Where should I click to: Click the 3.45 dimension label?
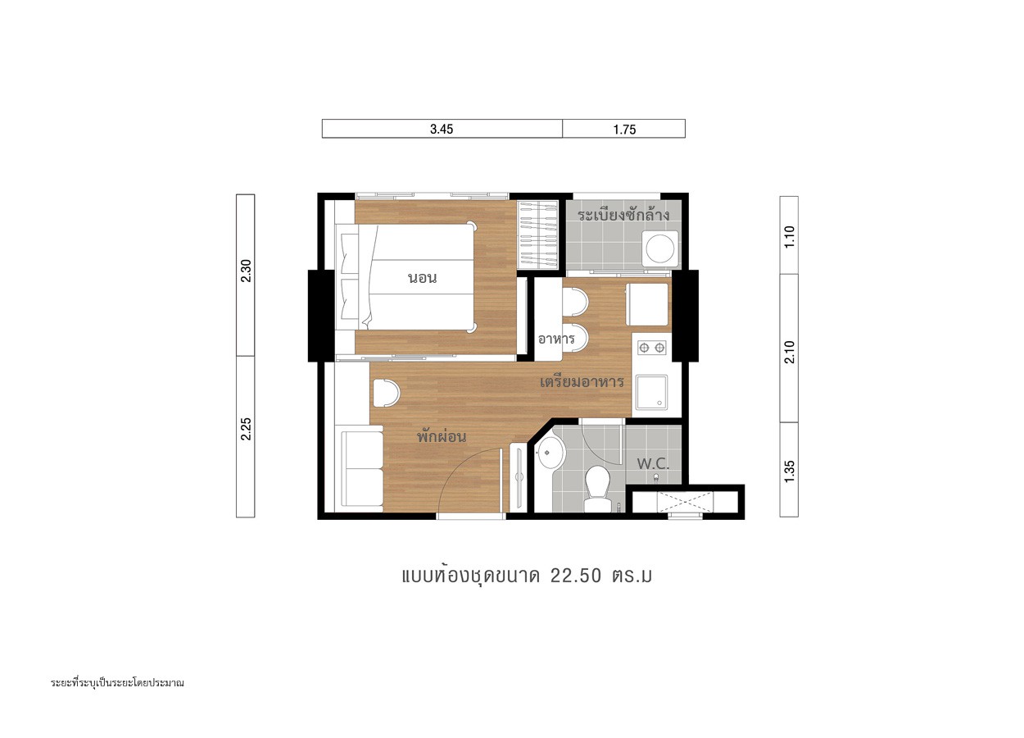[x=442, y=129]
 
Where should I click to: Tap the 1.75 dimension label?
[x=624, y=130]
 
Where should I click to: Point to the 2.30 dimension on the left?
[x=246, y=271]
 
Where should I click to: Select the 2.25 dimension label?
[x=246, y=429]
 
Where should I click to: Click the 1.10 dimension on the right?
[x=790, y=236]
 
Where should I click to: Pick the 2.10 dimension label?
[x=790, y=352]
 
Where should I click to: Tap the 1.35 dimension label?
[x=790, y=471]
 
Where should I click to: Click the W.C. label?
[x=653, y=464]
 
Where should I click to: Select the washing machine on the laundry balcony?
[x=660, y=248]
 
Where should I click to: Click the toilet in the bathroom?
[x=598, y=489]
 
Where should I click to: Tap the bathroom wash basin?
[x=552, y=453]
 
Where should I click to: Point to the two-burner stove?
[x=652, y=348]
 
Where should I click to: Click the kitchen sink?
[x=651, y=393]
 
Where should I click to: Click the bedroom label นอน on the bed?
[x=423, y=278]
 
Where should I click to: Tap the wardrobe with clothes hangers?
[x=537, y=235]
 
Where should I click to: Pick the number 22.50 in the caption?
[x=576, y=576]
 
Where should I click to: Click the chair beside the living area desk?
[x=387, y=393]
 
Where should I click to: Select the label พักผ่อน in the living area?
[x=442, y=435]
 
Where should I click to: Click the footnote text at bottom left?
[x=117, y=683]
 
